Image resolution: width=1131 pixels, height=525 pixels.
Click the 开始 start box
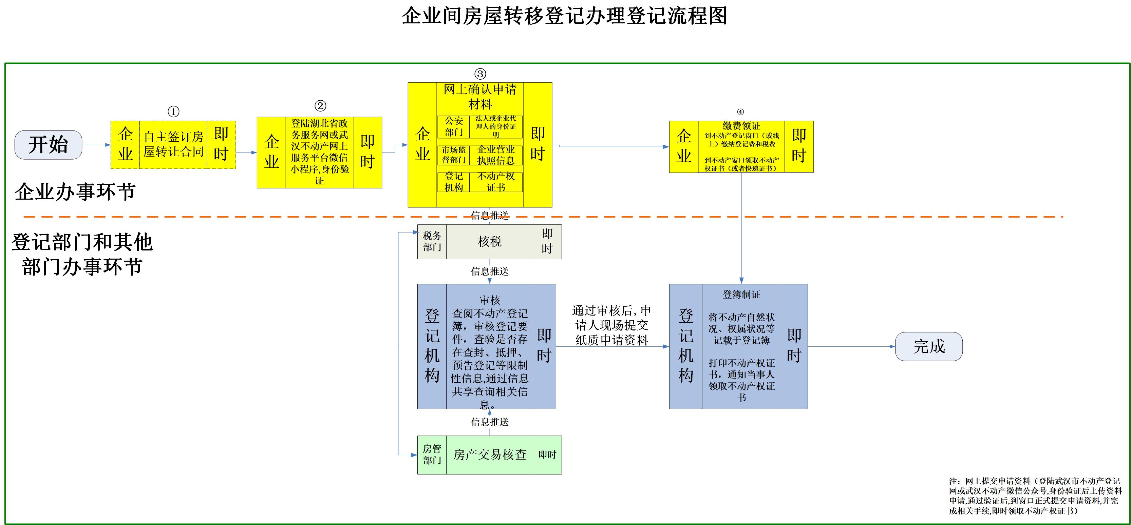(48, 145)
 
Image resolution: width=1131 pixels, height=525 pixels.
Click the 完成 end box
(929, 346)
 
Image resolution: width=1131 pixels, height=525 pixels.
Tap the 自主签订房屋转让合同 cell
(173, 145)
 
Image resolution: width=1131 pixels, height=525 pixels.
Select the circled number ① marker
(173, 112)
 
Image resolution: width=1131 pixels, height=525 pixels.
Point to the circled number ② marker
(320, 106)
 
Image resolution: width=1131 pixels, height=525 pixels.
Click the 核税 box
(490, 242)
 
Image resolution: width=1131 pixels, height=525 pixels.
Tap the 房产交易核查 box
(490, 455)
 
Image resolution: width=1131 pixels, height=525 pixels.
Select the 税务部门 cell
(432, 242)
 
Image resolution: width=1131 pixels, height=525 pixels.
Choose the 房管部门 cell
(432, 455)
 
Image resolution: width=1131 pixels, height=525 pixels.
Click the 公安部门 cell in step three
(454, 126)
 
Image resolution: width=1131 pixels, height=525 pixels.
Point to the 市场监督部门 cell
(454, 155)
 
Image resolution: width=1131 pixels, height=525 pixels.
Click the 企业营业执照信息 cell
(496, 155)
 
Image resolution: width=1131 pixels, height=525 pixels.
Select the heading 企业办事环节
(75, 192)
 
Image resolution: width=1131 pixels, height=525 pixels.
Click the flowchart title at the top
(565, 16)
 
